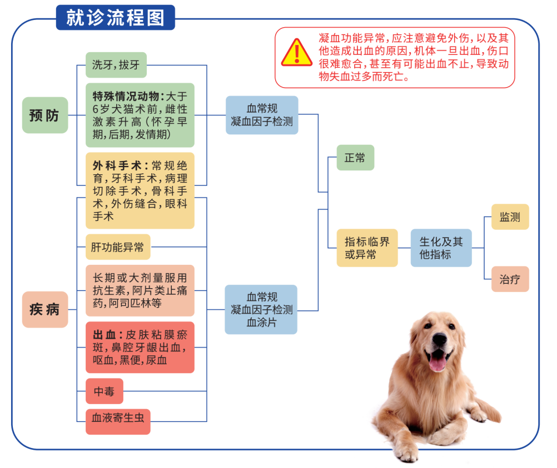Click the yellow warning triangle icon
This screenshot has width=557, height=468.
[x=297, y=53]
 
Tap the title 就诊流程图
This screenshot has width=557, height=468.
[x=116, y=18]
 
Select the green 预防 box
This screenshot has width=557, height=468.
[x=45, y=115]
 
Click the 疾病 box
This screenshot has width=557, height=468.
[x=45, y=309]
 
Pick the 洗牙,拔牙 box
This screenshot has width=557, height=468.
[x=116, y=65]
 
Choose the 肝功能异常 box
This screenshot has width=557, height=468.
[x=118, y=247]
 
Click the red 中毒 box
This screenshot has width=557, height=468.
[x=105, y=391]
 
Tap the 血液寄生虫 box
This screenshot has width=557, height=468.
[x=118, y=421]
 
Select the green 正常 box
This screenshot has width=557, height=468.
[x=355, y=158]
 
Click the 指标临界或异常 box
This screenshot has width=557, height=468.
[x=367, y=248]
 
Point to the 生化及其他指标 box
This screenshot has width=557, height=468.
[x=441, y=248]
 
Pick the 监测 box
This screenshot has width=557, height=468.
[x=510, y=217]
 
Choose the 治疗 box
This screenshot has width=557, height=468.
[x=510, y=279]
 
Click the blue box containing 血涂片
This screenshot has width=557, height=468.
[x=261, y=309]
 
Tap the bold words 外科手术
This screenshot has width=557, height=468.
[x=117, y=165]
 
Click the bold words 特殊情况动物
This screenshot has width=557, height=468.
[x=126, y=96]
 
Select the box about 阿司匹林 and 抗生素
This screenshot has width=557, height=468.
[x=140, y=290]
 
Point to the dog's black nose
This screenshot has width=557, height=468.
[x=440, y=340]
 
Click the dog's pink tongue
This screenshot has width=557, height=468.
[x=438, y=362]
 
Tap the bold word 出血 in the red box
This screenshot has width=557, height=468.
[x=105, y=335]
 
